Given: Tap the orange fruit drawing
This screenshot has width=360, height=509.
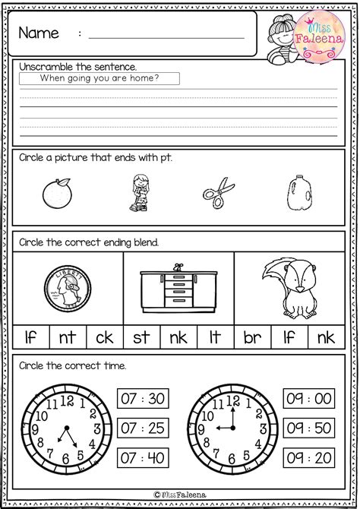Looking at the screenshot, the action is tap(58, 193).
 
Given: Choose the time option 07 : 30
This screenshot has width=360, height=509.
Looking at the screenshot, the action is tap(142, 399).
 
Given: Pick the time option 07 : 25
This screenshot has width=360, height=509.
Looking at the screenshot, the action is tap(142, 428).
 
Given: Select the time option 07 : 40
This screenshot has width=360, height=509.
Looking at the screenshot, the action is tap(142, 458).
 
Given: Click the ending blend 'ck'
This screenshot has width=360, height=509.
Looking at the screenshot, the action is tap(104, 335).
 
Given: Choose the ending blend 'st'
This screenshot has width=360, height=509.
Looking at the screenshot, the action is tap(141, 335).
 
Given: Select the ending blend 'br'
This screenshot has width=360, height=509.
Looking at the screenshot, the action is tap(252, 335).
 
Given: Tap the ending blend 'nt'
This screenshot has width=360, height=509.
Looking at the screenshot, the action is tap(68, 335).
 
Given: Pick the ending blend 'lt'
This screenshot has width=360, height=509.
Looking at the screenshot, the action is tap(216, 335).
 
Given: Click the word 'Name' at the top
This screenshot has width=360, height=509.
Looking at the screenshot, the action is tap(40, 33).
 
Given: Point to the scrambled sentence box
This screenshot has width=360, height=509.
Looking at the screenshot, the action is tap(99, 77).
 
